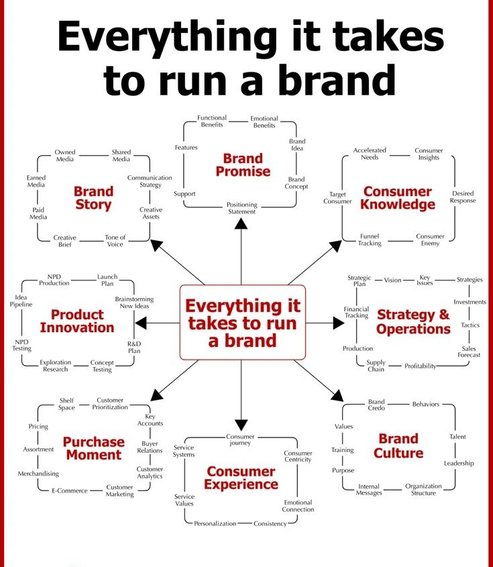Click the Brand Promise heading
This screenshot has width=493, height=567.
point(242,165)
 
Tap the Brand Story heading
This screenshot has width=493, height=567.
point(93,198)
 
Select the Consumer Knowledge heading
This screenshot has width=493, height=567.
point(398,199)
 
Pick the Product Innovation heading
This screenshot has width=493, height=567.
point(77,321)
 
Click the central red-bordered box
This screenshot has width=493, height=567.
point(242,323)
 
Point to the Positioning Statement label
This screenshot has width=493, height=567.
point(241,208)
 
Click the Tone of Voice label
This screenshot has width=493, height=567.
point(115,241)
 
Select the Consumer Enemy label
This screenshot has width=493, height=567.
point(430,240)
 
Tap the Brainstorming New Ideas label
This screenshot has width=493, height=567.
point(134,302)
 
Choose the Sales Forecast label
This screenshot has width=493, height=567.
point(470,352)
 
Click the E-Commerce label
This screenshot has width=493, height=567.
point(70,491)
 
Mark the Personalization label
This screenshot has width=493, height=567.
point(215,523)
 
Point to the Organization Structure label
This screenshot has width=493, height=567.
point(423,489)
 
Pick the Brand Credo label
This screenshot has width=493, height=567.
point(376,405)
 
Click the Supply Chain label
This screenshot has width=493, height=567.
point(376,366)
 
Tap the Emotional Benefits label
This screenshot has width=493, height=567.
point(264,122)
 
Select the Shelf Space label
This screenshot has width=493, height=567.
point(66,403)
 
